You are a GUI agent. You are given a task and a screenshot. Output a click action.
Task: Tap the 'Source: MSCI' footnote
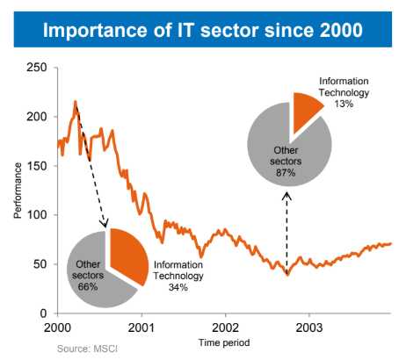point(86,349)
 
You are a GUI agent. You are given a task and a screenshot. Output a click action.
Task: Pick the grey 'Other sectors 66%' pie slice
point(88,272)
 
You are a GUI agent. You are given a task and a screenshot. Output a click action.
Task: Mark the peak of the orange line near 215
point(76,101)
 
